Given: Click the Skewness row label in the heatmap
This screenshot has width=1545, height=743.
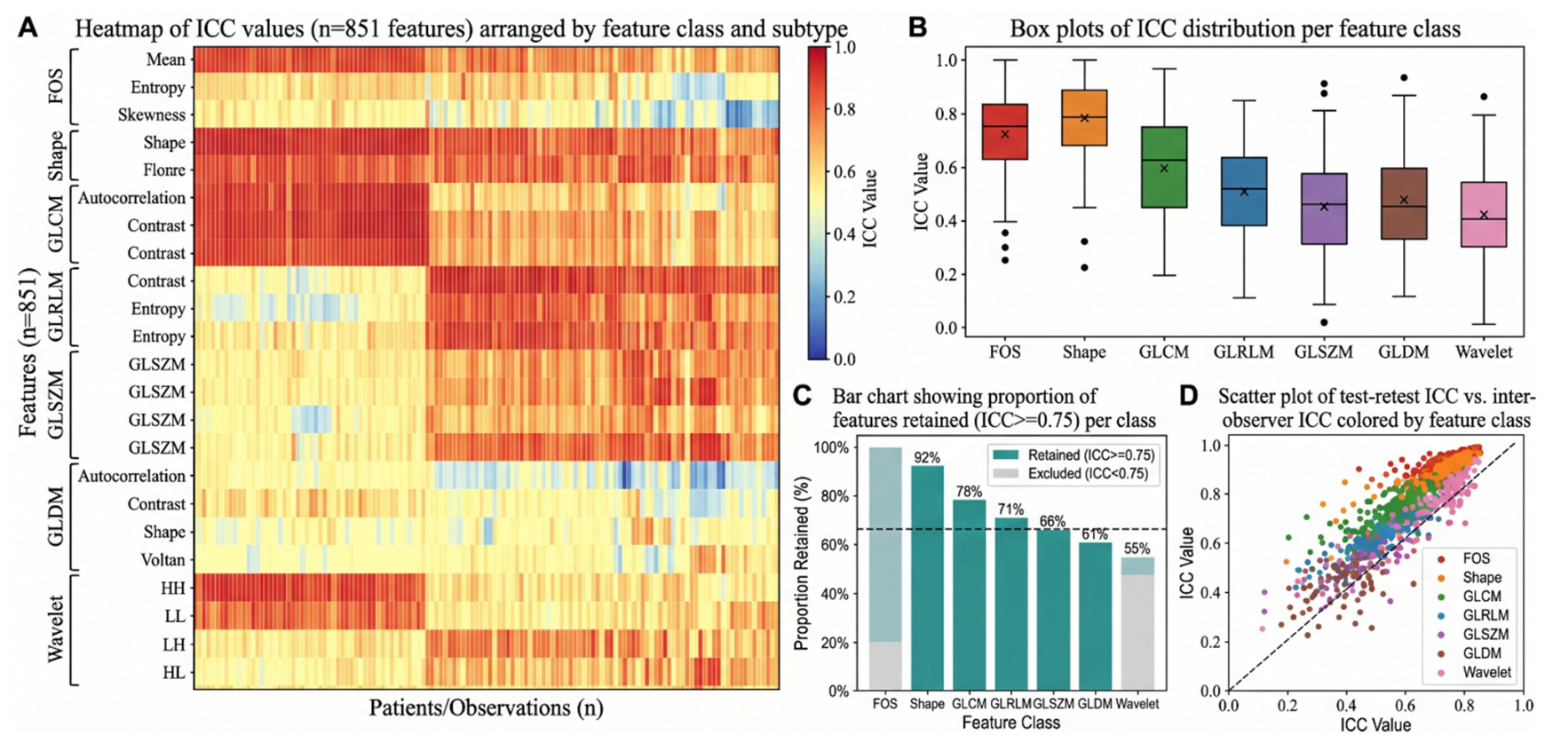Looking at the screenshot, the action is (152, 115).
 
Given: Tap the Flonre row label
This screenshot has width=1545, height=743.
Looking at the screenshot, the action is (164, 170).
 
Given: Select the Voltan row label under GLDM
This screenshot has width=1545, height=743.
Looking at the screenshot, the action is (163, 559).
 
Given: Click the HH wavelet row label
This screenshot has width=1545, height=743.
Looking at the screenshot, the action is (173, 588).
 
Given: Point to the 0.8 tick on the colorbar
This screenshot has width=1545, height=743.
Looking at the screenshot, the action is (845, 109).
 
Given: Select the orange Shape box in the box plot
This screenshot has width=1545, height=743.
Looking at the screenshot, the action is (1084, 117).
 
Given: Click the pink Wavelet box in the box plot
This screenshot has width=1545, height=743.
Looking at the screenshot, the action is (1484, 214).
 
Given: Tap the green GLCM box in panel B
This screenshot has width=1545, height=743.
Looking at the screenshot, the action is (1164, 167).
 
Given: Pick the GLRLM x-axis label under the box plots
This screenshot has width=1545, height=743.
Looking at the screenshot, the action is (1244, 352).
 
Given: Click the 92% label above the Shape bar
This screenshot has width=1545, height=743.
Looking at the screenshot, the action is (927, 457).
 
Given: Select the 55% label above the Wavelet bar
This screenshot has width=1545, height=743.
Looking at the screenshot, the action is (1137, 549).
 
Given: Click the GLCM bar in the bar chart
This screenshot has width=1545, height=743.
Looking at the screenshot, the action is (969, 595).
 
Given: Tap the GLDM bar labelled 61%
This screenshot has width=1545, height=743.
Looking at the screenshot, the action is (1096, 616).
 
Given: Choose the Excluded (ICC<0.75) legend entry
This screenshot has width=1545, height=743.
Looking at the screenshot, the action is (1072, 474).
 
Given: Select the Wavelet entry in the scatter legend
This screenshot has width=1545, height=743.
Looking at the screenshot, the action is (1474, 672).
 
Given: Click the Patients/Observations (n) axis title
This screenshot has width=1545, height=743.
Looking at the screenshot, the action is (486, 707).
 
